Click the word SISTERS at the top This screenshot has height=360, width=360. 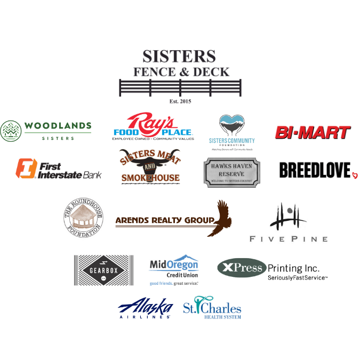point(179,56)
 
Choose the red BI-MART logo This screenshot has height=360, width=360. point(312,132)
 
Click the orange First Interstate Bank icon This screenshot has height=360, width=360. point(26,168)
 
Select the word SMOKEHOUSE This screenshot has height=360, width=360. point(150,177)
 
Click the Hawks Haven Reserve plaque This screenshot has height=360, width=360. point(232,172)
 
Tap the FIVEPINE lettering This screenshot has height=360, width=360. point(289,239)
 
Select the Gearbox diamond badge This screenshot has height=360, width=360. point(103,271)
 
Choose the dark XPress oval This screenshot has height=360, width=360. point(242,268)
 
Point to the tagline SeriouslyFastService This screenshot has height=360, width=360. point(296,278)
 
